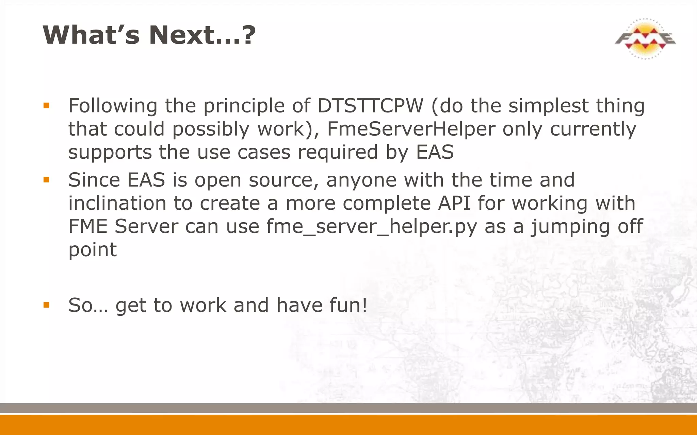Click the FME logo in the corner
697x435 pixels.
pyautogui.click(x=645, y=39)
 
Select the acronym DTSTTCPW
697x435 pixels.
pyautogui.click(x=370, y=106)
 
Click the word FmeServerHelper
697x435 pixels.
pyautogui.click(x=411, y=129)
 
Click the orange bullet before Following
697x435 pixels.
pyautogui.click(x=47, y=106)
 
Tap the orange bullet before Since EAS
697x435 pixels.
pyautogui.click(x=47, y=179)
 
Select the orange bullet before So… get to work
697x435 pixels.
pyautogui.click(x=47, y=305)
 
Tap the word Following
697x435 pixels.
pyautogui.click(x=113, y=106)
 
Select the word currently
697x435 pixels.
pyautogui.click(x=593, y=129)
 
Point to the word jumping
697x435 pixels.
pyautogui.click(x=570, y=227)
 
